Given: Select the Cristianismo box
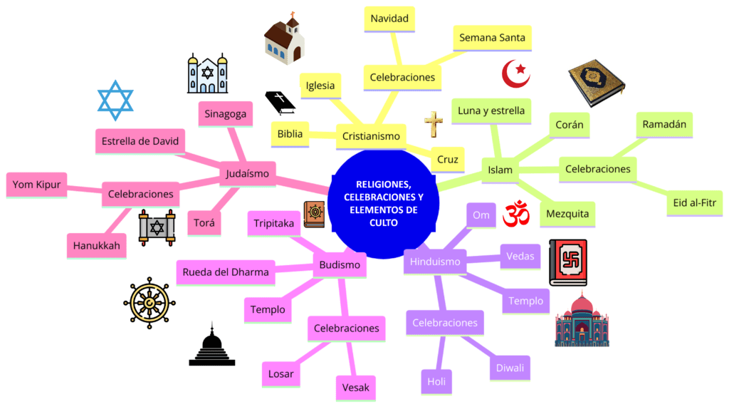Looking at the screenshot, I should pos(370,135).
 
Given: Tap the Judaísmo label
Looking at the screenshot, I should pos(247,172).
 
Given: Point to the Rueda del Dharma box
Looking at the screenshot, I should pos(226,271).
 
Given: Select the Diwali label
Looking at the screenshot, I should pos(510,368).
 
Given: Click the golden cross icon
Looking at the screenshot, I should pos(434,125).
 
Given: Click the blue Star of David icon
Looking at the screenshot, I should pos(115,101).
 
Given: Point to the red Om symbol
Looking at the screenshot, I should pos(518,214).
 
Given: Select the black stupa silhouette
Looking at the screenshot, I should pos(211,346).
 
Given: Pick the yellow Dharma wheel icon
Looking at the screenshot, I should pos(149,302).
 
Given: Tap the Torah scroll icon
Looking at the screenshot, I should pos(156,228).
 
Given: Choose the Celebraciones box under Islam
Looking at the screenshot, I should pos(597,169).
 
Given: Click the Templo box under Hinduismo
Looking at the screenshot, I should pos(526,301).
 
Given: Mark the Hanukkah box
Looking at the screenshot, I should pos(95,247).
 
